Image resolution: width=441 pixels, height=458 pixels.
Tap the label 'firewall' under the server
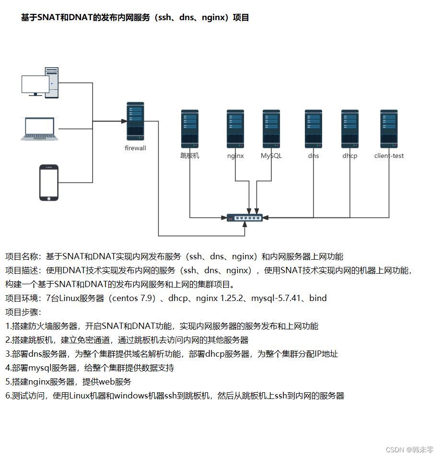point(135,148)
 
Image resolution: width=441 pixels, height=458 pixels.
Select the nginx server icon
point(235,129)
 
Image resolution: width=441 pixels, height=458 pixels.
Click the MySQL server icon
point(271,129)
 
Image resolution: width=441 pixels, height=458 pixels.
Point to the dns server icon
point(313,129)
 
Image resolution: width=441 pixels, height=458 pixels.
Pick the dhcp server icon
point(350,129)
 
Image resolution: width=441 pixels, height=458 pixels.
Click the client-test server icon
point(389,129)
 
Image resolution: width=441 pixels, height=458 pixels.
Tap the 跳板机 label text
point(190,156)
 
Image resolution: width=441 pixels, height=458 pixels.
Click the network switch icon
point(245,218)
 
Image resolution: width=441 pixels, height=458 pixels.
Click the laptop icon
point(40,129)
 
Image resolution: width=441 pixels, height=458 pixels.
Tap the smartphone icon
point(48,182)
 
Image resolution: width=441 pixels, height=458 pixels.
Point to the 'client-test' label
point(389,156)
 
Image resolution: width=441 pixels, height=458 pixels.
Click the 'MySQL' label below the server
point(271,156)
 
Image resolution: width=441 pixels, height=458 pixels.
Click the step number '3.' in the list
point(8,354)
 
